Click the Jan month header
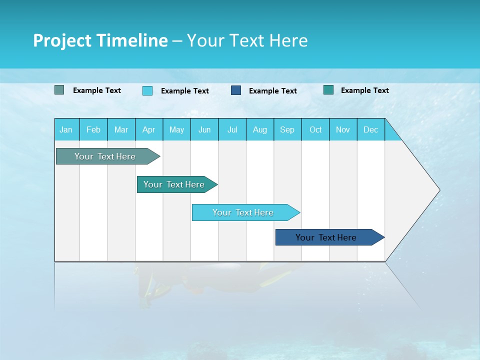click(x=66, y=130)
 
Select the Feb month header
click(x=93, y=130)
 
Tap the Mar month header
click(x=121, y=130)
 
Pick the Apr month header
click(x=149, y=130)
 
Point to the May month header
click(x=176, y=130)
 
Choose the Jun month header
click(x=204, y=130)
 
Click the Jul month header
click(x=232, y=130)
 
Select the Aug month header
click(x=260, y=130)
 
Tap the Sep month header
click(x=287, y=130)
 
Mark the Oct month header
click(x=315, y=130)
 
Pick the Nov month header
click(x=343, y=130)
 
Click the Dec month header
click(x=371, y=130)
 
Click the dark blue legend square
click(x=236, y=90)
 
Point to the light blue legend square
click(x=147, y=90)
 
